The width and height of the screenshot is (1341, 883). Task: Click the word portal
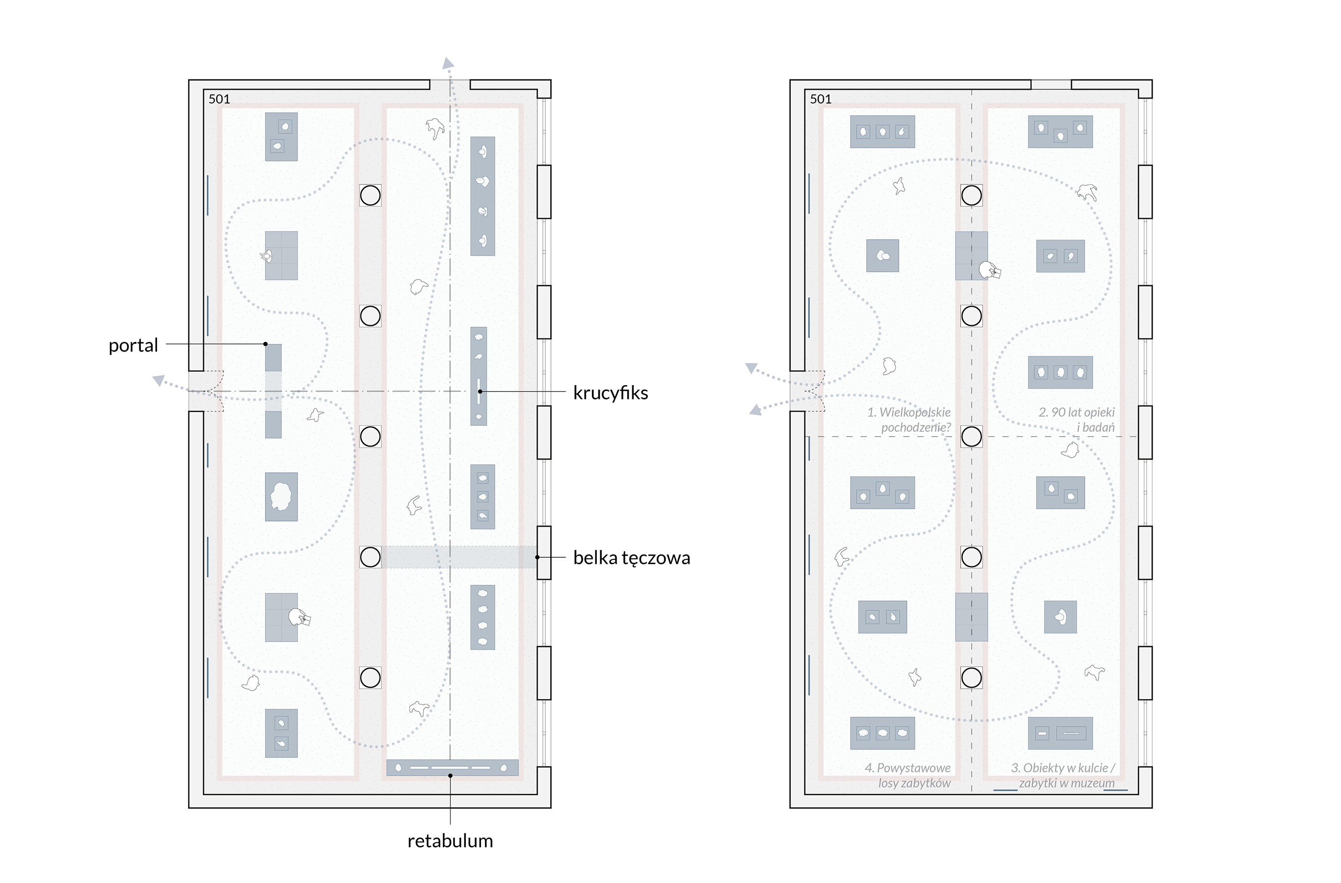pyautogui.click(x=133, y=345)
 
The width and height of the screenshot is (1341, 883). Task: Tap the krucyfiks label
pyautogui.click(x=610, y=392)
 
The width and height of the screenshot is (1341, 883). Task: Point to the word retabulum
pyautogui.click(x=450, y=841)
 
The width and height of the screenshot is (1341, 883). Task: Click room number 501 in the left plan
pyautogui.click(x=219, y=99)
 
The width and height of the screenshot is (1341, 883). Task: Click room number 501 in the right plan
pyautogui.click(x=820, y=99)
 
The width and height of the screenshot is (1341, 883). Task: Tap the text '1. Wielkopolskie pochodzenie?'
pyautogui.click(x=909, y=419)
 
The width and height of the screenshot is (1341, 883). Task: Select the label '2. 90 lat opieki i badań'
pyautogui.click(x=1076, y=419)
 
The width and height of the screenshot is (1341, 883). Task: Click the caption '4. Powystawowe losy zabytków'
pyautogui.click(x=908, y=776)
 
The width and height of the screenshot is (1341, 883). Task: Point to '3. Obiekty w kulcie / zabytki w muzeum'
pyautogui.click(x=1063, y=776)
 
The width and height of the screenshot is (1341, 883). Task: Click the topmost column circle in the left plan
pyautogui.click(x=370, y=195)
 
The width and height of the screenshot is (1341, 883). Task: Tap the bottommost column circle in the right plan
pyautogui.click(x=971, y=677)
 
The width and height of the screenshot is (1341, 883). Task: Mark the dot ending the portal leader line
pyautogui.click(x=266, y=344)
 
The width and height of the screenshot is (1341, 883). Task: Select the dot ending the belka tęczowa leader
pyautogui.click(x=537, y=557)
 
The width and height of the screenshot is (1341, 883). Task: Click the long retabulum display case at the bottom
pyautogui.click(x=453, y=768)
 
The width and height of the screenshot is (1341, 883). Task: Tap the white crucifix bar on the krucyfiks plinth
pyautogui.click(x=479, y=391)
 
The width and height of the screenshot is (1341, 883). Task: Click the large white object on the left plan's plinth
pyautogui.click(x=281, y=496)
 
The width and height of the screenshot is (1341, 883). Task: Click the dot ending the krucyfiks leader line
pyautogui.click(x=480, y=391)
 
